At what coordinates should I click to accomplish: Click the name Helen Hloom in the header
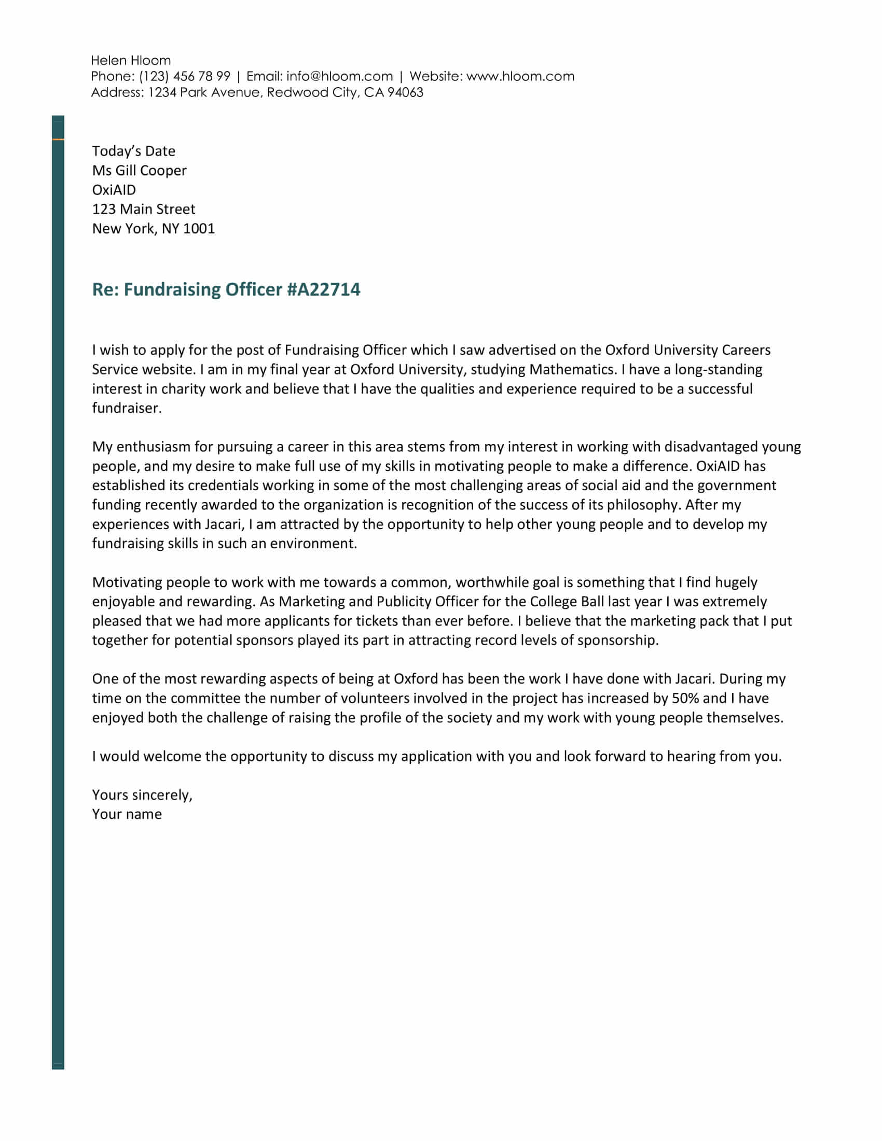click(x=131, y=61)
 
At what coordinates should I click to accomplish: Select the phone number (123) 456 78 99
click(x=185, y=76)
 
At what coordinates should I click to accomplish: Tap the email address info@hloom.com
click(x=339, y=76)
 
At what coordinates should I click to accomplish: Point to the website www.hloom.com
click(x=520, y=76)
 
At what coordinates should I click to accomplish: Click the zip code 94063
click(x=405, y=92)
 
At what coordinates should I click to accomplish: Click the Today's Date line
click(x=134, y=151)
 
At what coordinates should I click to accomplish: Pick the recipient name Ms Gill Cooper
click(x=139, y=170)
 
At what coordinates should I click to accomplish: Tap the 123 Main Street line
click(x=144, y=209)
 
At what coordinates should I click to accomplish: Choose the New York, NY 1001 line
click(x=154, y=228)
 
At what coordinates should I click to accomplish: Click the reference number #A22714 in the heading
click(x=323, y=289)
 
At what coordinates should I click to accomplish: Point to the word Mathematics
click(x=571, y=369)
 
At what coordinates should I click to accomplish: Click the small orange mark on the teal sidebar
click(x=58, y=140)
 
